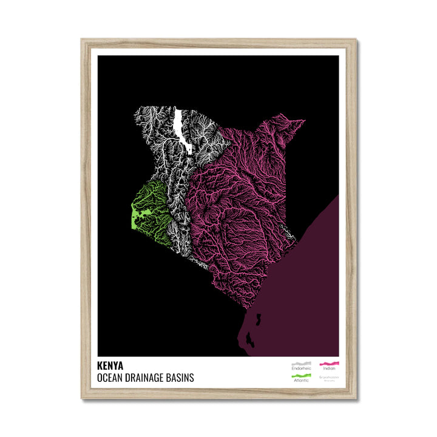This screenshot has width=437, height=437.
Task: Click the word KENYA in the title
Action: [x=109, y=366]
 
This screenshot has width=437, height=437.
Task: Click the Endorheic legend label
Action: [x=300, y=369]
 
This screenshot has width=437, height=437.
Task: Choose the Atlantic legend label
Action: [x=300, y=381]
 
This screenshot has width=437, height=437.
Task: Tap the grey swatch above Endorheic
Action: [x=301, y=364]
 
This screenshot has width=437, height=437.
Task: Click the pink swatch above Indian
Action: [x=330, y=364]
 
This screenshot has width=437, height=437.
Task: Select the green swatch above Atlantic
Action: [x=301, y=376]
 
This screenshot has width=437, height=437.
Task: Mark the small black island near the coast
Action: [x=257, y=319]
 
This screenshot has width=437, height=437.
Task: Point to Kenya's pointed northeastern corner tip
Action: [x=304, y=121]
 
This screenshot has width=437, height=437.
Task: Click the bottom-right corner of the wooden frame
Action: [x=355, y=398]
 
